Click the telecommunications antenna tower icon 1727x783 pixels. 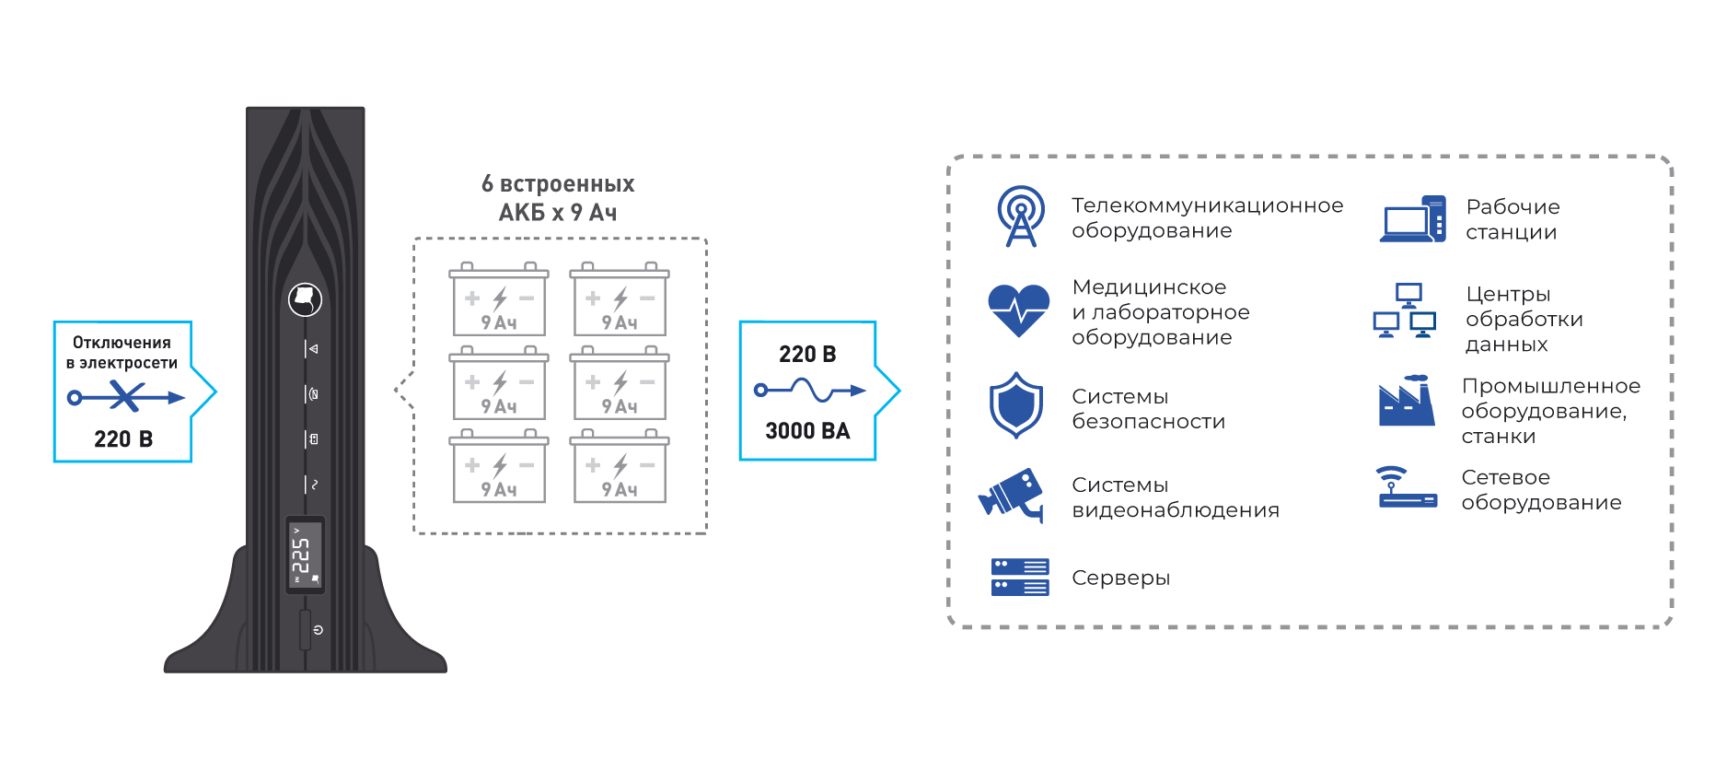[1021, 216]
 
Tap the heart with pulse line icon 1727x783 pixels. [1018, 310]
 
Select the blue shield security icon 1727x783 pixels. [1015, 404]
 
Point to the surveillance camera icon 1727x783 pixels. [1012, 496]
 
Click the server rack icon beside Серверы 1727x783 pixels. [1020, 577]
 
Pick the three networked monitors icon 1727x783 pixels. [1405, 310]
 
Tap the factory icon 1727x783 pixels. [1407, 400]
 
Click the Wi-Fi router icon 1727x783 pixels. [1408, 487]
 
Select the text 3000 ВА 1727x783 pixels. [807, 431]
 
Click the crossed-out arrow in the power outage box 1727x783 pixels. [126, 397]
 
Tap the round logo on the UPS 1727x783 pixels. [305, 299]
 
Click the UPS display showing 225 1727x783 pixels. [305, 554]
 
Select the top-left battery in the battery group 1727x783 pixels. [499, 299]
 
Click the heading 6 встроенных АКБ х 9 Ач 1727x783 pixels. [558, 198]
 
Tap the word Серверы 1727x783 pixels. [1121, 578]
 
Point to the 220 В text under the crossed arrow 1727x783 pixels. [123, 439]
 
